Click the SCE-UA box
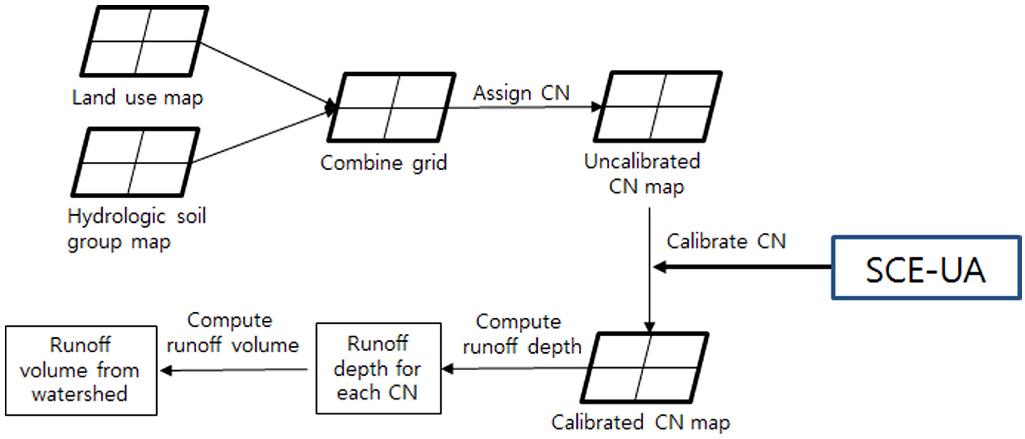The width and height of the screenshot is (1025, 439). coord(926,268)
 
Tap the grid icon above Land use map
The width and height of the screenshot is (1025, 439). coord(144,41)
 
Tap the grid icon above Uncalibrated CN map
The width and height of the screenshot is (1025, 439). coord(658,107)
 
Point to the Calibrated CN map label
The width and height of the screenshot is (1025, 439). coord(640,423)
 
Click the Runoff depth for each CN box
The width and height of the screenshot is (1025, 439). coord(378,368)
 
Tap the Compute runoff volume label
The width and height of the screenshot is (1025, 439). coord(232,333)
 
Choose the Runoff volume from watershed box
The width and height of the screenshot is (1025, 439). coord(81,370)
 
